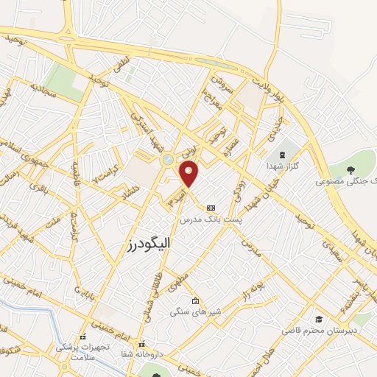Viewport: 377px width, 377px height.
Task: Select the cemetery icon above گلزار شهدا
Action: pyautogui.click(x=284, y=155)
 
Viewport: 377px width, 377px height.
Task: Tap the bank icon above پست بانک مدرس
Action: pyautogui.click(x=211, y=208)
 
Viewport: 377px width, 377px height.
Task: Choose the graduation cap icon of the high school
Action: pyautogui.click(x=319, y=319)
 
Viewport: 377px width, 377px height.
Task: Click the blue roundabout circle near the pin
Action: pyautogui.click(x=169, y=158)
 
